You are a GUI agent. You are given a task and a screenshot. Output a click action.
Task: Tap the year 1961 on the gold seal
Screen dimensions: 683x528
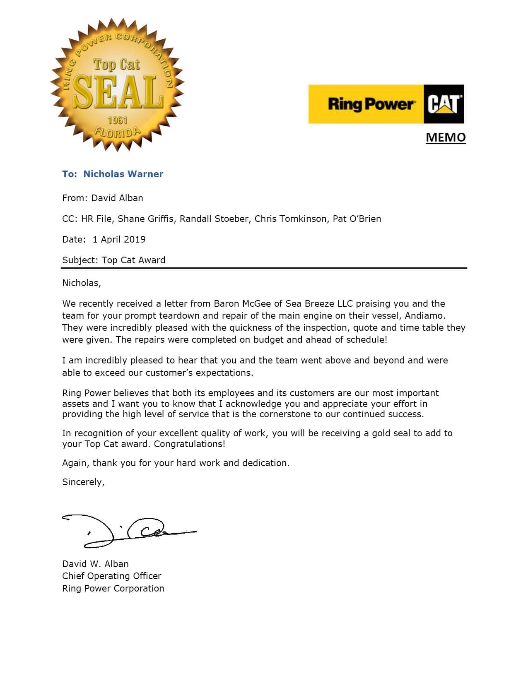pyautogui.click(x=117, y=120)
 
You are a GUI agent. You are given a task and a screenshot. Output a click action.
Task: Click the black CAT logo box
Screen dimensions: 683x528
pyautogui.click(x=444, y=104)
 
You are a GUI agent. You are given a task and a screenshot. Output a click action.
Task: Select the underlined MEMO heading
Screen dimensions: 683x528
pyautogui.click(x=446, y=137)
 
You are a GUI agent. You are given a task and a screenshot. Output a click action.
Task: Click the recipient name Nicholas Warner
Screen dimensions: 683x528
pyautogui.click(x=123, y=174)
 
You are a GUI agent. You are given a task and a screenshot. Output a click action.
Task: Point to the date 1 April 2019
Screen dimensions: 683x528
pyautogui.click(x=119, y=239)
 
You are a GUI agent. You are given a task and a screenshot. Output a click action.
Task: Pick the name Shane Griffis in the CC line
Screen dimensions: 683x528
pyautogui.click(x=145, y=219)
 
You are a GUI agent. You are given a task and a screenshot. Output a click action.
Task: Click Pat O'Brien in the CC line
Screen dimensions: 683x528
pyautogui.click(x=357, y=219)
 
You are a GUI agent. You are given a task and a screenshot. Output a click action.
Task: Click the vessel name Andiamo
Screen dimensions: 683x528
pyautogui.click(x=424, y=315)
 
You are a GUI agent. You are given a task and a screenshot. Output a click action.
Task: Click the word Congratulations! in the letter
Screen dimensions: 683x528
pyautogui.click(x=189, y=444)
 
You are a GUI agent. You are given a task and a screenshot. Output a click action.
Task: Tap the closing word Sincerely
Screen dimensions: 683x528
pyautogui.click(x=83, y=482)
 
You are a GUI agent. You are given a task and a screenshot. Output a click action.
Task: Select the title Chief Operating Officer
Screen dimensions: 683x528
pyautogui.click(x=111, y=576)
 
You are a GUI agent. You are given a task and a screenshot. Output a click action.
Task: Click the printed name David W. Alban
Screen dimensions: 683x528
pyautogui.click(x=95, y=564)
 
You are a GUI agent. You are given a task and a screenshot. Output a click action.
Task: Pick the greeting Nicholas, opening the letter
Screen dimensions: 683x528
pyautogui.click(x=81, y=283)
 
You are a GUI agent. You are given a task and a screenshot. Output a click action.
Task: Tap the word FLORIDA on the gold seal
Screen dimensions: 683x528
pyautogui.click(x=117, y=133)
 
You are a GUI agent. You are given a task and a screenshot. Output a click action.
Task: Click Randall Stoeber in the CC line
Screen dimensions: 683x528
pyautogui.click(x=214, y=219)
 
